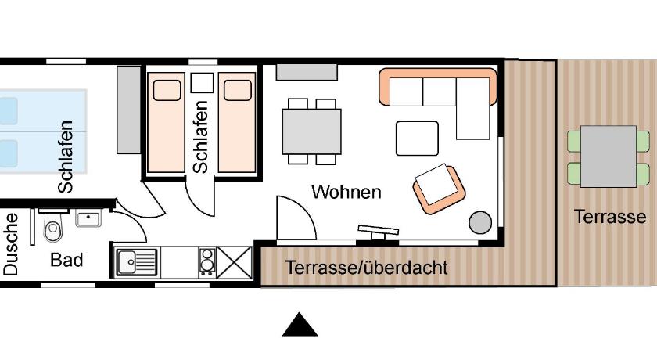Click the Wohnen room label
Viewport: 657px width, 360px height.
[346, 193]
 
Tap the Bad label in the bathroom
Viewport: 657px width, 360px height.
[66, 260]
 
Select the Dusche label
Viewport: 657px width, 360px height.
[11, 244]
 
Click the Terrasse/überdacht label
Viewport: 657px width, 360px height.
[367, 268]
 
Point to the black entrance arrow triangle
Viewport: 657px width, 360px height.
[300, 325]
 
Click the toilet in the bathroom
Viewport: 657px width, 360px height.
[53, 225]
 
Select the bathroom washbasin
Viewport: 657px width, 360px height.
[88, 218]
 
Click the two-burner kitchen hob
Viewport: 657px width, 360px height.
[207, 262]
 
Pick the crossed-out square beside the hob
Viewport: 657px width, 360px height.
[234, 262]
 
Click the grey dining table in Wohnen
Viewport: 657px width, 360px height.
[311, 131]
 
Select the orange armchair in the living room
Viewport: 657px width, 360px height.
[439, 189]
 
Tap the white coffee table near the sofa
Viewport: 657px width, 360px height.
[417, 139]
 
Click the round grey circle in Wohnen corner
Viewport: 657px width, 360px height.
[480, 222]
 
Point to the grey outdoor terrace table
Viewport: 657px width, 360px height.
[609, 157]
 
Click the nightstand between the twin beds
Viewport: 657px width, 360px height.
[202, 83]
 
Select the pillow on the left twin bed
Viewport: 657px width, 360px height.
[167, 90]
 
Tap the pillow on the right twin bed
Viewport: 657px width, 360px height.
[238, 90]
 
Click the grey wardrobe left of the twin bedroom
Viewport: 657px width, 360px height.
[129, 110]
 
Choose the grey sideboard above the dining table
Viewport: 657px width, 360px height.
[307, 72]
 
